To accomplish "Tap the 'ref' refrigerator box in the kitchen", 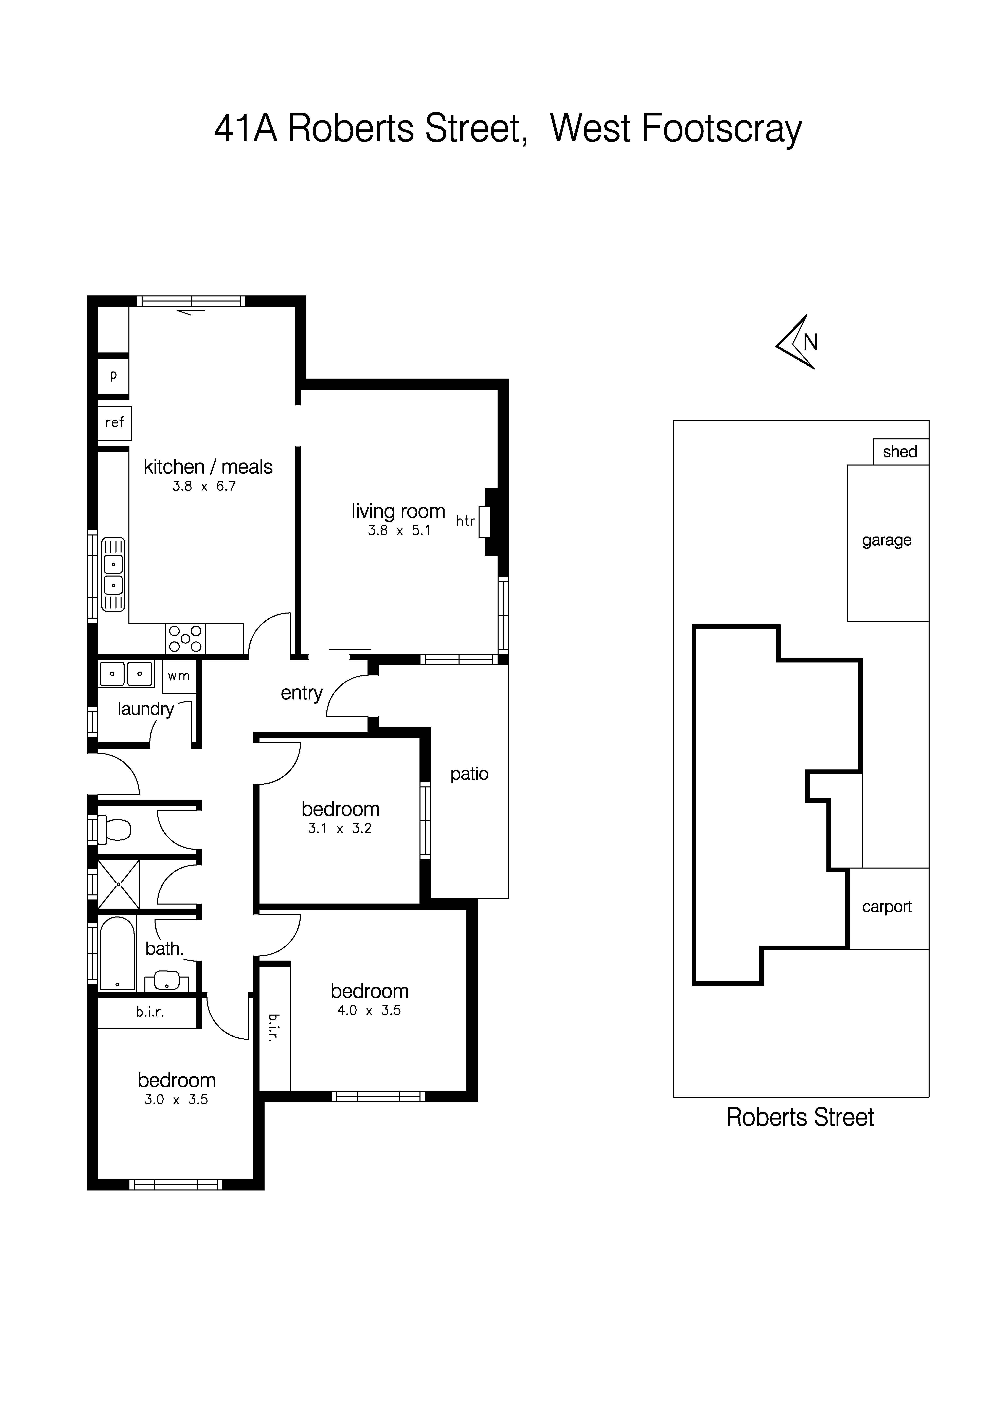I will tap(114, 423).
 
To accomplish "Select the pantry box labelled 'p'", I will tap(113, 375).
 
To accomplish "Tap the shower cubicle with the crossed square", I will tap(119, 884).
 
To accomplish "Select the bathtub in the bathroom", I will tap(117, 952).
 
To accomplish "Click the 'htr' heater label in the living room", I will tap(465, 521).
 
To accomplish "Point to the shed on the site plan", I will tap(900, 452).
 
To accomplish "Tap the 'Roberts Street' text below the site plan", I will tap(800, 1117).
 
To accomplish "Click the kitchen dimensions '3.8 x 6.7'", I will tap(204, 486).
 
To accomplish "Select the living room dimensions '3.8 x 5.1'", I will tap(399, 530).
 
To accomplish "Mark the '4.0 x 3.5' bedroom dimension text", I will tap(369, 1011).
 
